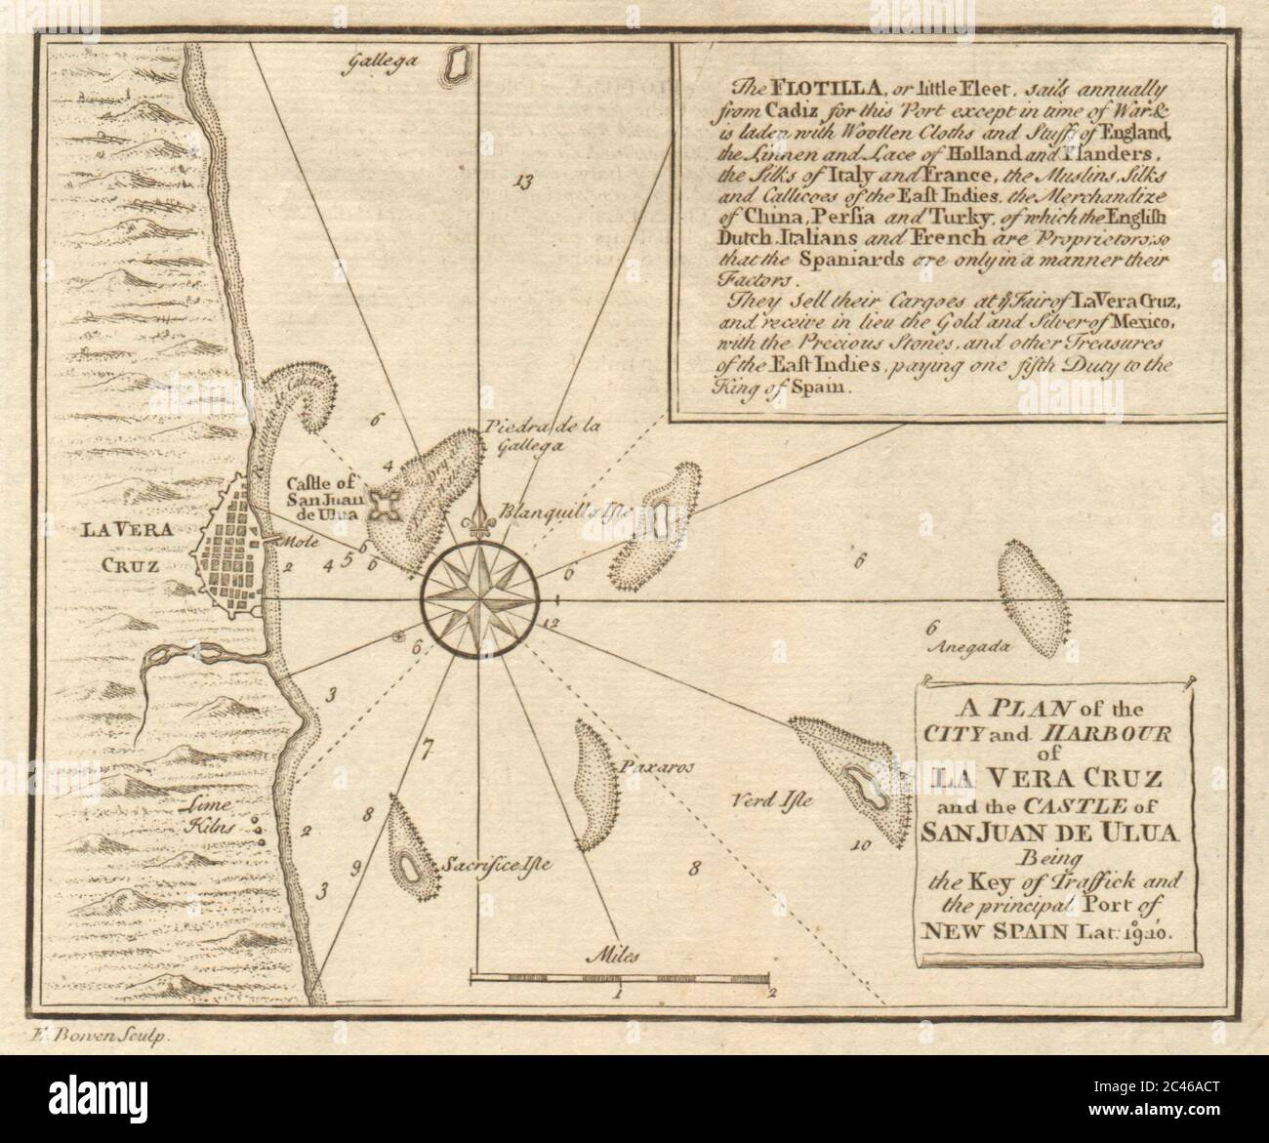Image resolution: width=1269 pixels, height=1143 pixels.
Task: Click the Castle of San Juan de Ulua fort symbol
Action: (372, 507)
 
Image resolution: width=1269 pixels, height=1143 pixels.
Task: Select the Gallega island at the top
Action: (454, 64)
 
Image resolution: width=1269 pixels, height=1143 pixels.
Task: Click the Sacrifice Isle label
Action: (482, 865)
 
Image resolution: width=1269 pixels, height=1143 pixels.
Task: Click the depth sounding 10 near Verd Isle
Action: (858, 845)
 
